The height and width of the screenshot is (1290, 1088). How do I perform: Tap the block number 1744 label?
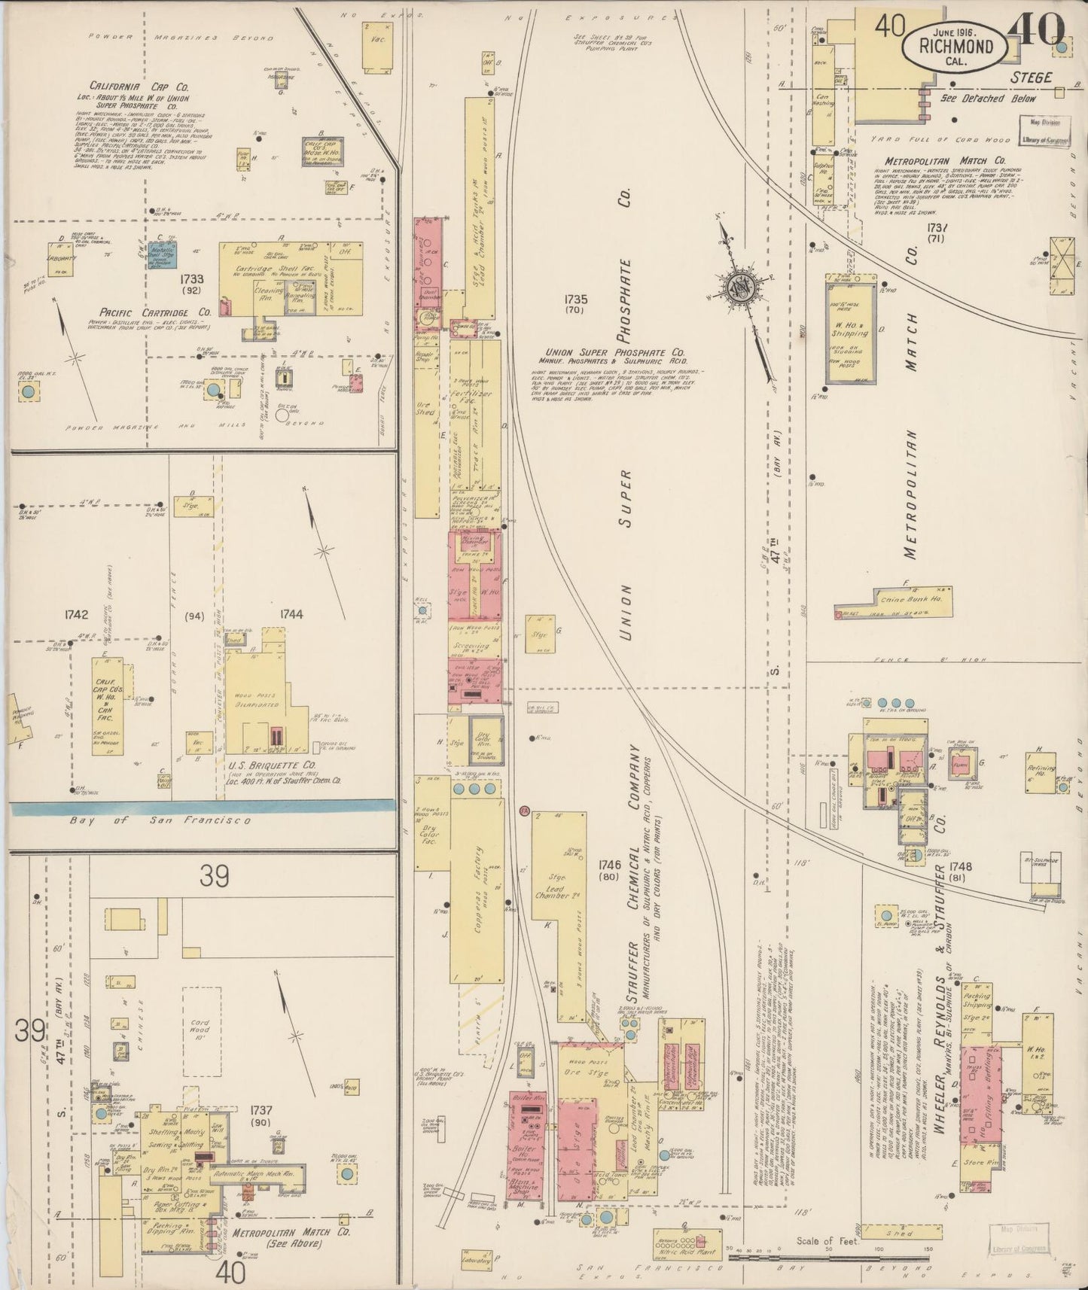(x=291, y=614)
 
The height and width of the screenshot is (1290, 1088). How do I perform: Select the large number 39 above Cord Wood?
(x=215, y=877)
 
